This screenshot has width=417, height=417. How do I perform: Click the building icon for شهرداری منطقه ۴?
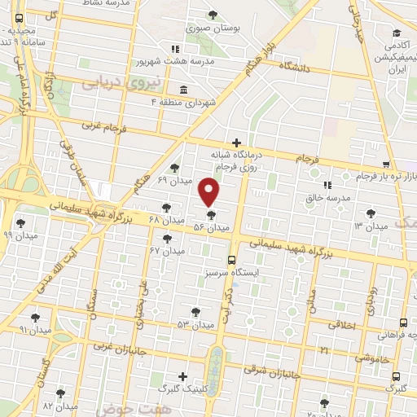point(182,89)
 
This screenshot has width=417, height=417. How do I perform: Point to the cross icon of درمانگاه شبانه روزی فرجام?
point(236,143)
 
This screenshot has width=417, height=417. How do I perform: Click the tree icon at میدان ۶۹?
point(174,168)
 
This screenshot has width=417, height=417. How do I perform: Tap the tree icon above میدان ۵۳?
point(195,311)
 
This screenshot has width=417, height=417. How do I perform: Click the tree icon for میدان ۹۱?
point(35,317)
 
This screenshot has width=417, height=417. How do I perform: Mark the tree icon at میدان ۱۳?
point(371,213)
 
